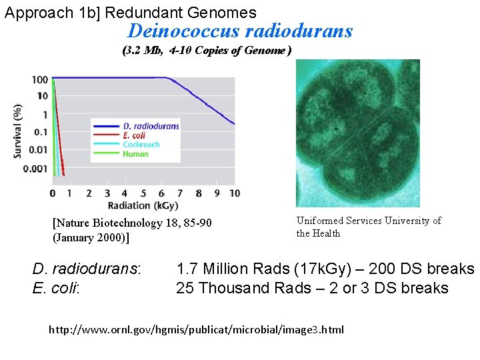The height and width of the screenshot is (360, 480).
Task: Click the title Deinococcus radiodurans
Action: [x=240, y=31]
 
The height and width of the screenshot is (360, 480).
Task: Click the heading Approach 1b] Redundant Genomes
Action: [x=130, y=12]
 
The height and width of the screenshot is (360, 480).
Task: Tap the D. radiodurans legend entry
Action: [x=151, y=126]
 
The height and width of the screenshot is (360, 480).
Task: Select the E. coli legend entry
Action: [x=135, y=135]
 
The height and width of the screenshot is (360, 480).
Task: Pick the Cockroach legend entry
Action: [x=141, y=145]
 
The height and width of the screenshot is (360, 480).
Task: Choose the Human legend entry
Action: [x=135, y=154]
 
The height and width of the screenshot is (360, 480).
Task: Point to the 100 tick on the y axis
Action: [x=39, y=80]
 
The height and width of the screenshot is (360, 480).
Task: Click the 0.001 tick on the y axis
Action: [x=35, y=169]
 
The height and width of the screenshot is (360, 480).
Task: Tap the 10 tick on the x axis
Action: [x=234, y=193]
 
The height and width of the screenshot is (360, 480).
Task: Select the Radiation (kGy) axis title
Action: [x=144, y=206]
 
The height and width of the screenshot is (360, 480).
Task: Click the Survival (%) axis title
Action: [x=18, y=131]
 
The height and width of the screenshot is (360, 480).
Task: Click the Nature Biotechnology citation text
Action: [x=131, y=230]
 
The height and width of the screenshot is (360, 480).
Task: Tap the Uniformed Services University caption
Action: [x=369, y=227]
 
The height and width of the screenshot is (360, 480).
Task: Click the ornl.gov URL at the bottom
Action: [x=197, y=329]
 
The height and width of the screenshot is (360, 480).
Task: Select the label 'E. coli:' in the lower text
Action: [x=55, y=288]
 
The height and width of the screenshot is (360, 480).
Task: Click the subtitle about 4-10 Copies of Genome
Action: [x=207, y=51]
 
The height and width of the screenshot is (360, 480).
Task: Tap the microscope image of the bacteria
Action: [x=357, y=133]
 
